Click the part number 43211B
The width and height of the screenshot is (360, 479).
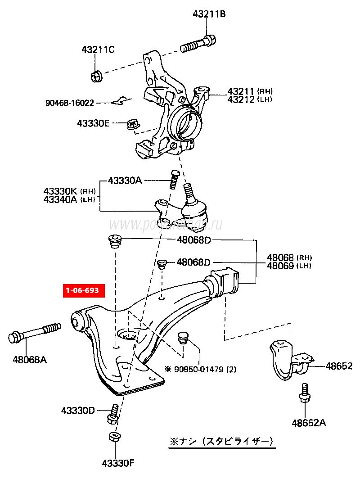pyautogui.click(x=209, y=14)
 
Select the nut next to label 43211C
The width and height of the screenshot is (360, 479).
pyautogui.click(x=96, y=76)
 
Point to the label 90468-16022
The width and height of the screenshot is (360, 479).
pyautogui.click(x=69, y=103)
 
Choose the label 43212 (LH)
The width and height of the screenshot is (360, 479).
pyautogui.click(x=249, y=99)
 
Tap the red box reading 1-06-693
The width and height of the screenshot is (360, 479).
pyautogui.click(x=83, y=290)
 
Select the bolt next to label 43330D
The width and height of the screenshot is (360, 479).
pyautogui.click(x=113, y=414)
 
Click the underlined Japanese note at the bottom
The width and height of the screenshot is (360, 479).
pyautogui.click(x=221, y=441)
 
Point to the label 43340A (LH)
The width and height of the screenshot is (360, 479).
pyautogui.click(x=70, y=199)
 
